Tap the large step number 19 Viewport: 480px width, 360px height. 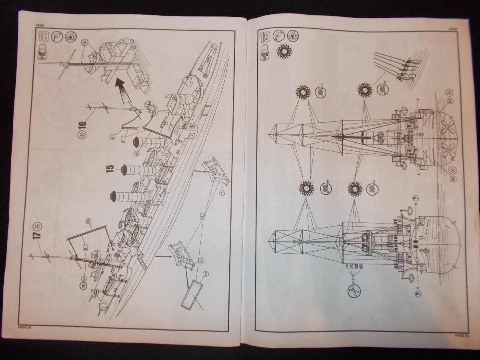pos(264,38)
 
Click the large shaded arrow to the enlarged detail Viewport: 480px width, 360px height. pos(123,88)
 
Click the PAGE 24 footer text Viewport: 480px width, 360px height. pos(25,327)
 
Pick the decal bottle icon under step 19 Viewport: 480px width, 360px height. pos(264,51)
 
